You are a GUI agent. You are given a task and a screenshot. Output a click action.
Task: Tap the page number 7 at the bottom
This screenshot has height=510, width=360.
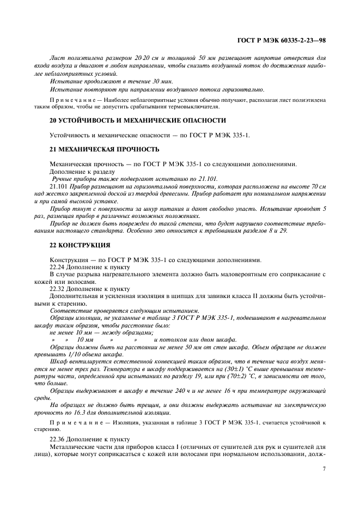[x=324, y=468]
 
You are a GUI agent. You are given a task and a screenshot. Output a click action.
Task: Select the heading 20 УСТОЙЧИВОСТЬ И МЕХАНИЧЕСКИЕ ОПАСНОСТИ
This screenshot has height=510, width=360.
[x=138, y=120]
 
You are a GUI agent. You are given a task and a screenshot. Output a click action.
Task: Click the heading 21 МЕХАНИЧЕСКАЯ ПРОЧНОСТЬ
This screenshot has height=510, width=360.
[x=104, y=149]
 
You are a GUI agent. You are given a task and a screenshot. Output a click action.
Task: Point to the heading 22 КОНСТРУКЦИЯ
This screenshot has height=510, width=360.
[x=80, y=245]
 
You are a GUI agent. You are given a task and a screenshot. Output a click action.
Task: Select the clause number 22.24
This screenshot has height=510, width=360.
[x=58, y=266]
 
